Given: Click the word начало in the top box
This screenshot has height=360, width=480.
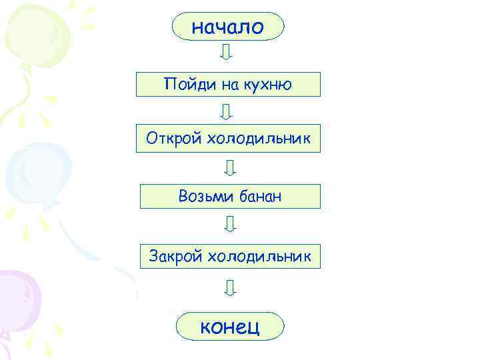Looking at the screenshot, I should pyautogui.click(x=228, y=27).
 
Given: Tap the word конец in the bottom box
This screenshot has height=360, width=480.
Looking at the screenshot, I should pyautogui.click(x=230, y=327).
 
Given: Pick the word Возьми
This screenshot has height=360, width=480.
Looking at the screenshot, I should pyautogui.click(x=201, y=196).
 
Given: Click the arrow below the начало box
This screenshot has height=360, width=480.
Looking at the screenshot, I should pyautogui.click(x=226, y=52).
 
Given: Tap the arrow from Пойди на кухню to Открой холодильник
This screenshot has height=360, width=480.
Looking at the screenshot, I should pyautogui.click(x=227, y=111).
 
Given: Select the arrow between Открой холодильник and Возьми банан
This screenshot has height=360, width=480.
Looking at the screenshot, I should pyautogui.click(x=230, y=167).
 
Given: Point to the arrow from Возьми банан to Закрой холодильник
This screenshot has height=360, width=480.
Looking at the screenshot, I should pyautogui.click(x=230, y=223).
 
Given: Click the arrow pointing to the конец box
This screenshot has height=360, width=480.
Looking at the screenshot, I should pyautogui.click(x=230, y=287).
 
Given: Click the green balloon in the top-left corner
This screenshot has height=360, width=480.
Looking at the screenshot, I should pyautogui.click(x=30, y=33).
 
